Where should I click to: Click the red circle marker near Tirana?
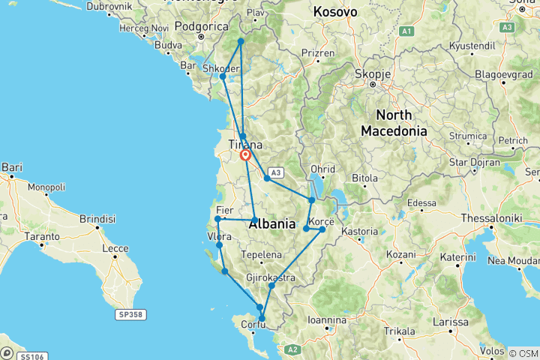pos(245,155)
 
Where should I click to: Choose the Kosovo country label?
pos(335,12)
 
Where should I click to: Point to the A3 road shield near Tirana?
pos(273,171)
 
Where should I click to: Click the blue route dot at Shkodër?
pos(223,76)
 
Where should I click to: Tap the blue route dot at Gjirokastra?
pos(271,286)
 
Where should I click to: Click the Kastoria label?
pos(360,231)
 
